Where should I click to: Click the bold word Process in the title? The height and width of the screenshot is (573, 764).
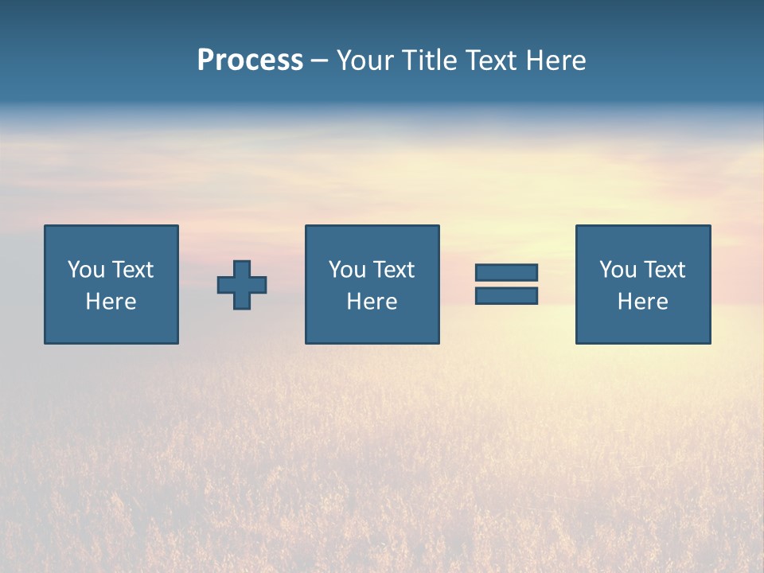[x=250, y=60]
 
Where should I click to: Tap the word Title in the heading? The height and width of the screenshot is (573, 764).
[x=429, y=60]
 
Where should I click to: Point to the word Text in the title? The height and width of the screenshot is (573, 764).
[x=492, y=60]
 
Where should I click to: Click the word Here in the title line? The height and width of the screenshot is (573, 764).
[x=556, y=60]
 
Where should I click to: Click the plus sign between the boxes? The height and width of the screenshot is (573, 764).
[x=242, y=285]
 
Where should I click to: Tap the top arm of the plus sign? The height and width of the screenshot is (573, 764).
[x=242, y=268]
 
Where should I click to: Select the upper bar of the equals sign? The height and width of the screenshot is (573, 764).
[x=506, y=272]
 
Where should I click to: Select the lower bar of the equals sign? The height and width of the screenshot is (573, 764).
[x=506, y=296]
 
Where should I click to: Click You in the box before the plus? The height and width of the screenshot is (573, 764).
[x=86, y=270]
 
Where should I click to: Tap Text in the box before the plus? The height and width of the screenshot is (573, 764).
[x=132, y=270]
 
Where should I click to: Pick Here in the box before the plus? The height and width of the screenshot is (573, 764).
[x=111, y=302]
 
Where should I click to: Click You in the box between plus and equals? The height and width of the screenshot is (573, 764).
[x=347, y=270]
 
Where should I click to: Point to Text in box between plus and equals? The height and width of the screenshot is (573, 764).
[x=393, y=270]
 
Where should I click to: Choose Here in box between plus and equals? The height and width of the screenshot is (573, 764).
[x=372, y=302]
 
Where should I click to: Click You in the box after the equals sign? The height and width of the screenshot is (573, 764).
[x=618, y=270]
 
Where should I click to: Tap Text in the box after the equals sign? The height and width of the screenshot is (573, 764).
[x=664, y=270]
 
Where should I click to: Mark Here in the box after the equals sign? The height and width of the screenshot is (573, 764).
[x=642, y=302]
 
